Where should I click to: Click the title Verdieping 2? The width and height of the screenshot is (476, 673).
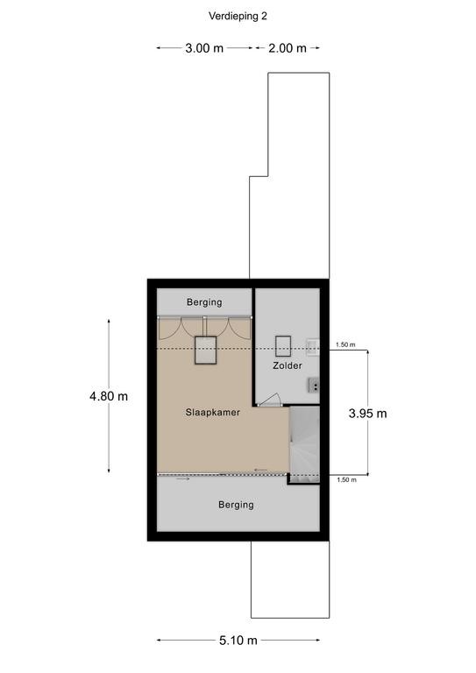pos(238,17)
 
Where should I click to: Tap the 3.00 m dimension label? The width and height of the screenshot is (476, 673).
pos(204,48)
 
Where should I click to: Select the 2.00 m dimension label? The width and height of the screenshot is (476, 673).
pos(288,48)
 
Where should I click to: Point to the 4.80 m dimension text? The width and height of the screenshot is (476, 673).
pos(109,396)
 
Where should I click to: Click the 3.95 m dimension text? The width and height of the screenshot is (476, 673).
pos(368,414)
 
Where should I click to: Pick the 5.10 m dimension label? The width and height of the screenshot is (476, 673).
pos(238,641)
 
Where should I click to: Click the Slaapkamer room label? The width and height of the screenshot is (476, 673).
pos(212,413)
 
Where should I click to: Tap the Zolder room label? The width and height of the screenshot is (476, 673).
pos(288,365)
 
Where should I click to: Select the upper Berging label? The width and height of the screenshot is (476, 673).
pos(204,302)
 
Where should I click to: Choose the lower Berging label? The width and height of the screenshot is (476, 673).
pos(236,505)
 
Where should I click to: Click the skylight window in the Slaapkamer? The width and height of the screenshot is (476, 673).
pos(205,351)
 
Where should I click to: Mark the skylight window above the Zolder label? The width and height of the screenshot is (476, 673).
pos(283,346)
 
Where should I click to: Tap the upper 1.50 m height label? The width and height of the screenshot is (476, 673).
pos(345,344)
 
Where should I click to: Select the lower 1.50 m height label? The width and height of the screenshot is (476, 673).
pos(346,480)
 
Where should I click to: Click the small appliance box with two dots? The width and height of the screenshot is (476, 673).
pos(314,386)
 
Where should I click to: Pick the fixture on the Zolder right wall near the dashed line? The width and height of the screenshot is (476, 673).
pos(313,348)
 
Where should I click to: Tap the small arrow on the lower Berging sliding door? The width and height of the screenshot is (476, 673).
pos(182,478)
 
